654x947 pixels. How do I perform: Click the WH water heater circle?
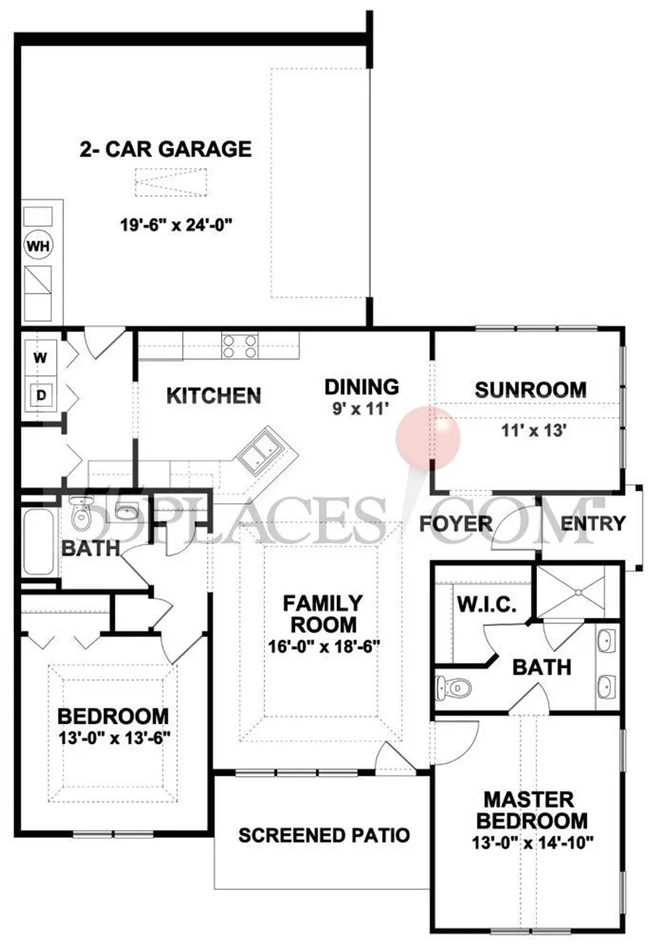39,245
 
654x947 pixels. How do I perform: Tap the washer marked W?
40,358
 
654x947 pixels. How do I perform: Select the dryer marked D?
40,395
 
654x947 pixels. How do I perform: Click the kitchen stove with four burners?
240,346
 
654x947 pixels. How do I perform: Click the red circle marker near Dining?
427,438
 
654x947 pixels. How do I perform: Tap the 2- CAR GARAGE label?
166,149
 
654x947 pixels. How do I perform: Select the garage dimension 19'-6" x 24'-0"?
176,224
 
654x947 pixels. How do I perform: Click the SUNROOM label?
531,390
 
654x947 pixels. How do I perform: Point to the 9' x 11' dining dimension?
360,408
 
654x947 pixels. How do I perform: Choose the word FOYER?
456,524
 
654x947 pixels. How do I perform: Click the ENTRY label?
592,524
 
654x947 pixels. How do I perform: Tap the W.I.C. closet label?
487,604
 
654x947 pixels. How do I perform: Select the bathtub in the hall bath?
39,542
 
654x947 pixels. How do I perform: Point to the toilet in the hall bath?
81,513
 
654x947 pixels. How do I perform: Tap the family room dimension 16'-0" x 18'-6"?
324,647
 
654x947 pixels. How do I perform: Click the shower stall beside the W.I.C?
576,592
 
